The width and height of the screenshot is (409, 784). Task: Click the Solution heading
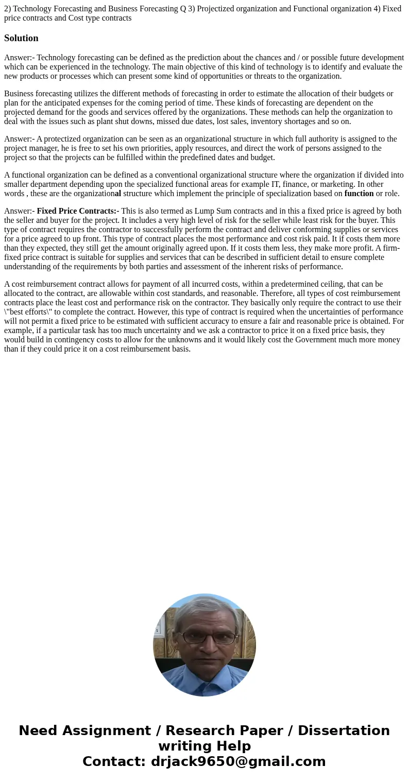21,38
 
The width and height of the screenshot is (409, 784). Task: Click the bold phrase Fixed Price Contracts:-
78,211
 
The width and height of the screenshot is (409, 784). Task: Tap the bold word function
359,194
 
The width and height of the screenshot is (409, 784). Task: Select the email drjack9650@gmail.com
238,761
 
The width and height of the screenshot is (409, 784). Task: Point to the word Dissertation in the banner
344,730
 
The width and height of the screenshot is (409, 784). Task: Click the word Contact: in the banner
114,761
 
